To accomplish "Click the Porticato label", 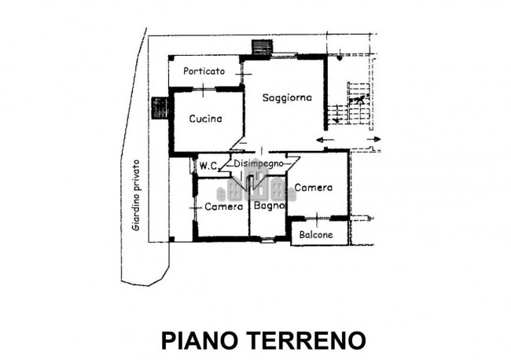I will tap(204, 72).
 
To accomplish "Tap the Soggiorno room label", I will tap(288, 97).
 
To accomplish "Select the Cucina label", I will tap(205, 119).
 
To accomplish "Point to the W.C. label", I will tap(208, 166).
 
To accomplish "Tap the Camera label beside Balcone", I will tap(314, 189).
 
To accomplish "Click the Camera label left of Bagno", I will tap(223, 208).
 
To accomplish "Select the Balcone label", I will tap(315, 235).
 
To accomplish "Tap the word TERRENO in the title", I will tap(307, 341).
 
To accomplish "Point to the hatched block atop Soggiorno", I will tap(260, 48).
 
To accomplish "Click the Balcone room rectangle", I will tap(318, 234).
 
